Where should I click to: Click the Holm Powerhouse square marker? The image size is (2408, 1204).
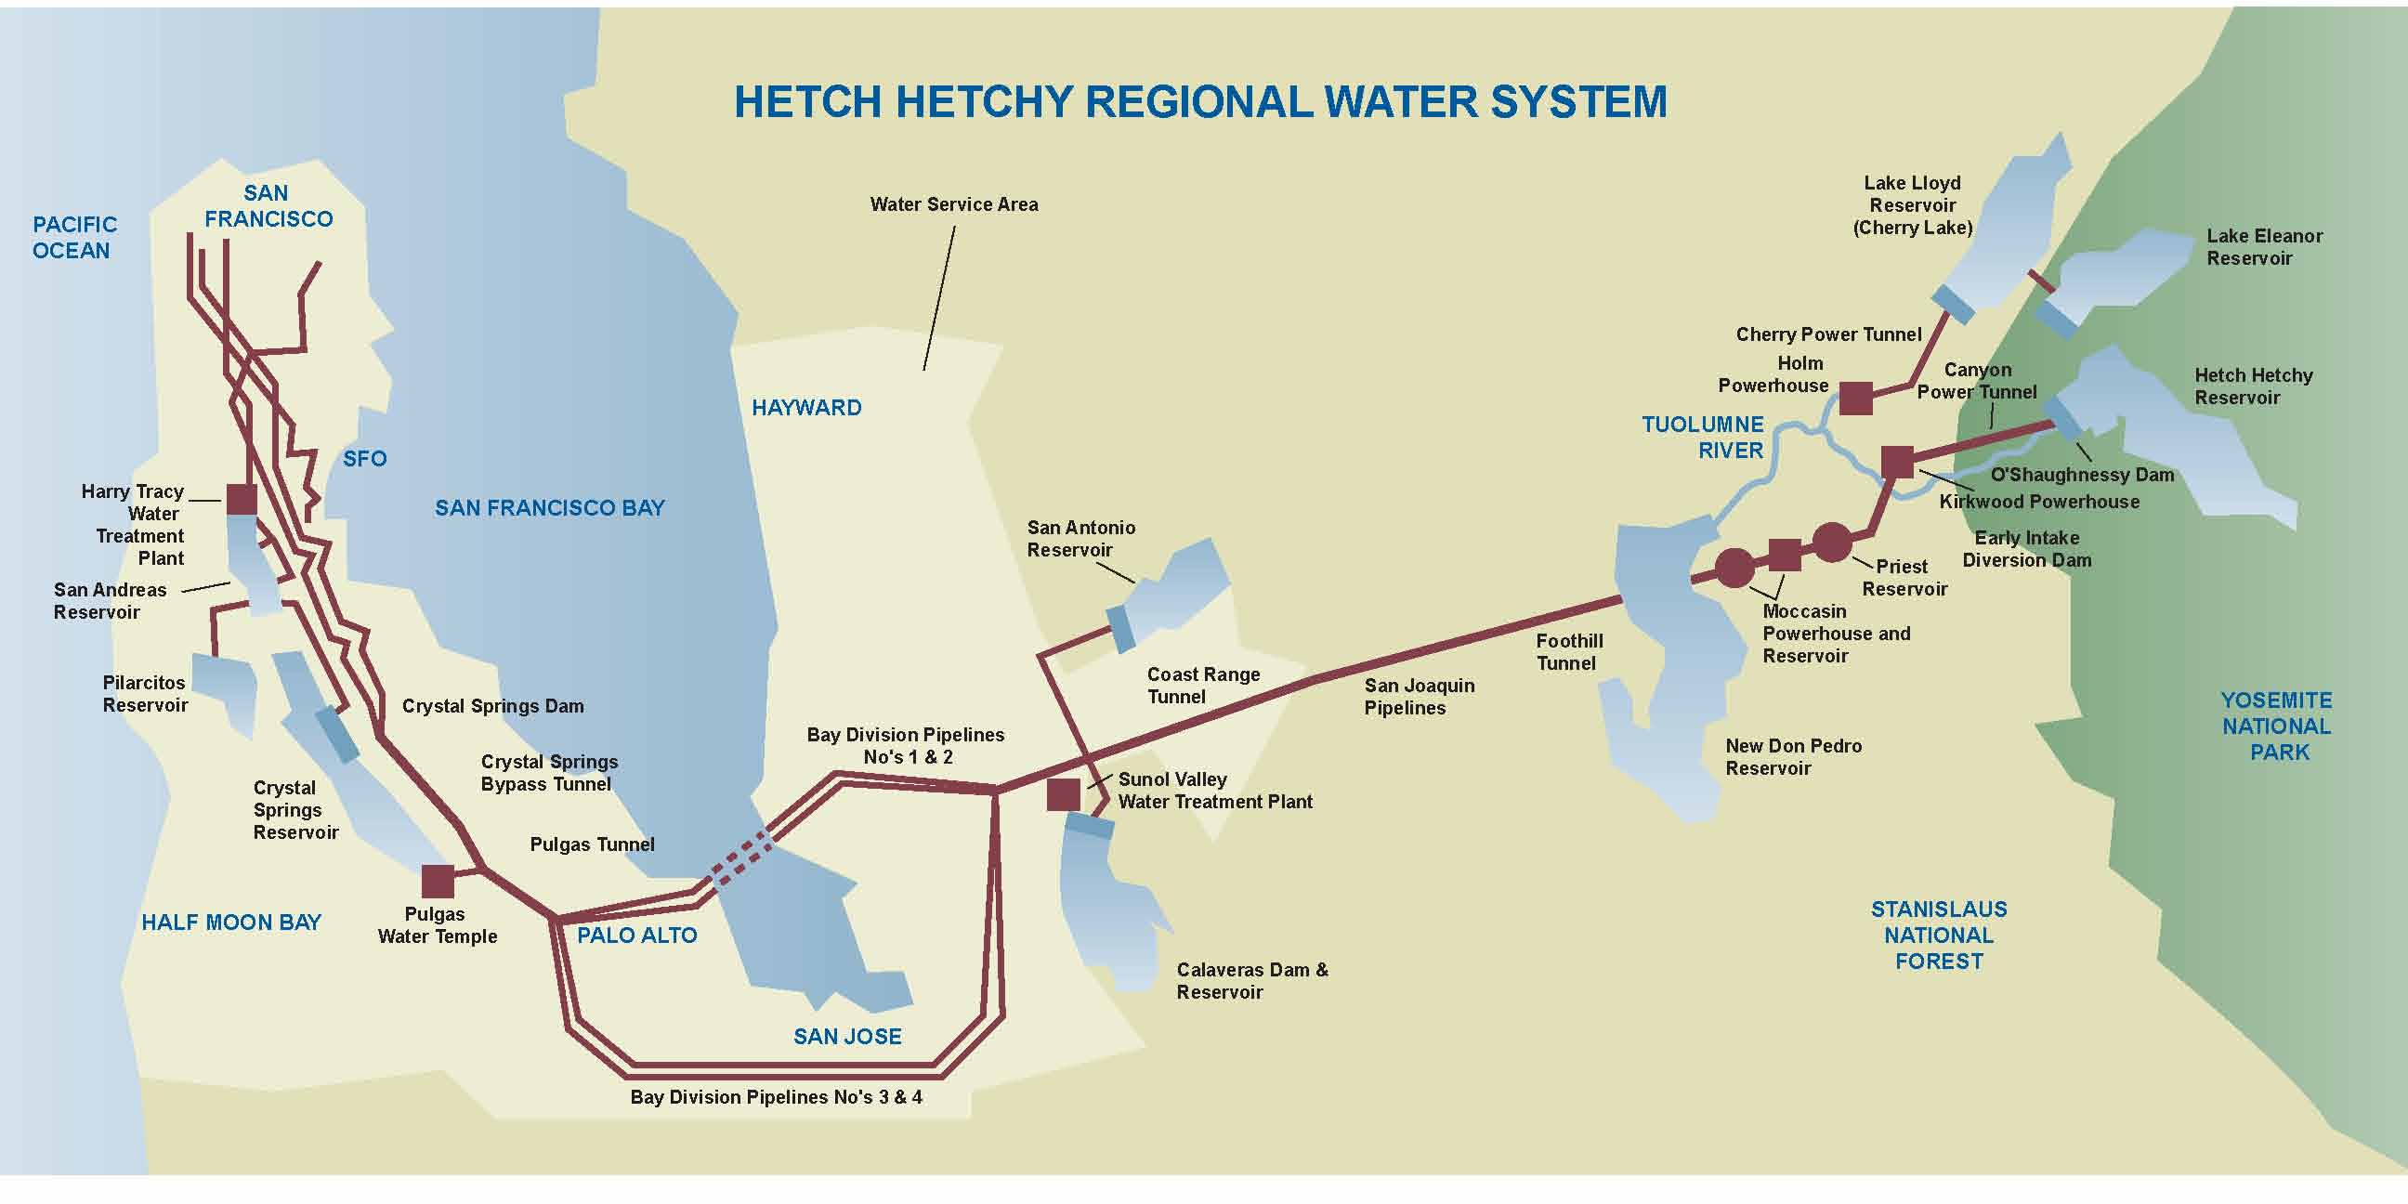tap(1855, 399)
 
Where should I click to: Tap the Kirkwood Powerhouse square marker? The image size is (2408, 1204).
tap(1897, 462)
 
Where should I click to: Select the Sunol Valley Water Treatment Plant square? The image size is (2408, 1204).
tap(1064, 794)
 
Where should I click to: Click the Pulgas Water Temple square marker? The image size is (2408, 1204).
tap(438, 881)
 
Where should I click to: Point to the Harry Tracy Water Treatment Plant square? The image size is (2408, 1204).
tap(242, 499)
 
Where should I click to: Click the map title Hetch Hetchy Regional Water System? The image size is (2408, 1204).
tap(1200, 102)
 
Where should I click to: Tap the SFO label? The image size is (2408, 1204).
tap(364, 459)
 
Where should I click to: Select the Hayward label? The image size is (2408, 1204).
tap(806, 408)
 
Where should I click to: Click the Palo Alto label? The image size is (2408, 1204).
tap(636, 936)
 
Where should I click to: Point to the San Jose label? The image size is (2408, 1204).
tap(847, 1036)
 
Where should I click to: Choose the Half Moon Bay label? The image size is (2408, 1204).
tap(231, 923)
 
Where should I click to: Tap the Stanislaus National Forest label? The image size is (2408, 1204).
tap(1939, 935)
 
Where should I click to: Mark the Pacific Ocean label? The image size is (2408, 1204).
tap(73, 238)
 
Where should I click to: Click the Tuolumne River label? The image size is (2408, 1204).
tap(1703, 438)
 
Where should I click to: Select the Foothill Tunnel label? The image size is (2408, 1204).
tap(1568, 652)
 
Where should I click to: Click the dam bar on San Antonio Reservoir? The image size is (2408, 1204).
tap(1119, 629)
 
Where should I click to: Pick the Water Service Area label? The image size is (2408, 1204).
tap(953, 204)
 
